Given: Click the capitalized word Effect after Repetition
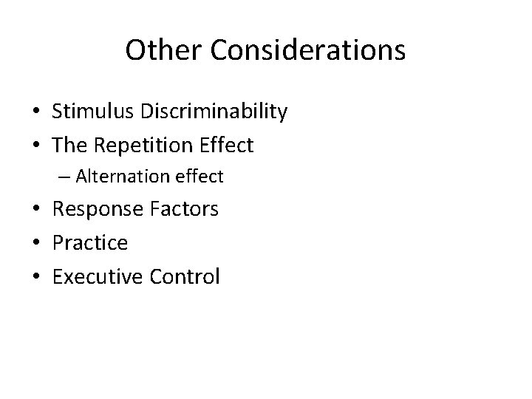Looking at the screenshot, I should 228,146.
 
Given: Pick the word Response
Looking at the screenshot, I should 99,210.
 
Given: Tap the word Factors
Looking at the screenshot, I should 185,209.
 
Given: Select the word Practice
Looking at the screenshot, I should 90,242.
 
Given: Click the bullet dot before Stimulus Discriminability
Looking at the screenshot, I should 35,112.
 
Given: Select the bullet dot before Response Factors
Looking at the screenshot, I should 35,210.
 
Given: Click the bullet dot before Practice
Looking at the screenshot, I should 35,243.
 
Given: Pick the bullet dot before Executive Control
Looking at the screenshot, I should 35,277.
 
